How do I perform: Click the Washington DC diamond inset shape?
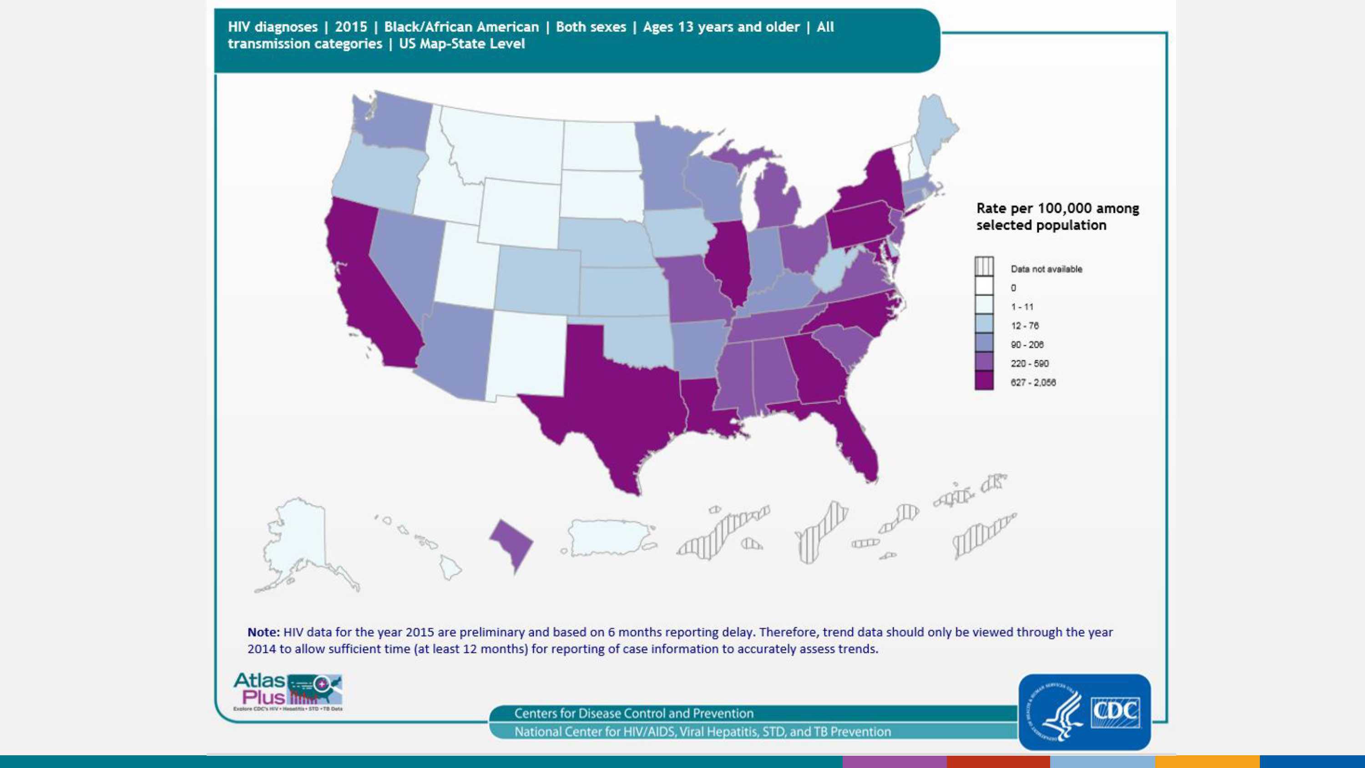coord(511,543)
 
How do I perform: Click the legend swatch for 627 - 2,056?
coord(984,382)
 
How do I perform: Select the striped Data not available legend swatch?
coord(984,267)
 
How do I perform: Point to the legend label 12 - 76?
coord(1024,325)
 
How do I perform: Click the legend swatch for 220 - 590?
coord(984,363)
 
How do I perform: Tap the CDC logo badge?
coord(1084,711)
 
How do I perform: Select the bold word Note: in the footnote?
coord(263,632)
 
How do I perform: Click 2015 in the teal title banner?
coord(351,27)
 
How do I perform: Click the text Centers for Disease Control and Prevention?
coord(634,713)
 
